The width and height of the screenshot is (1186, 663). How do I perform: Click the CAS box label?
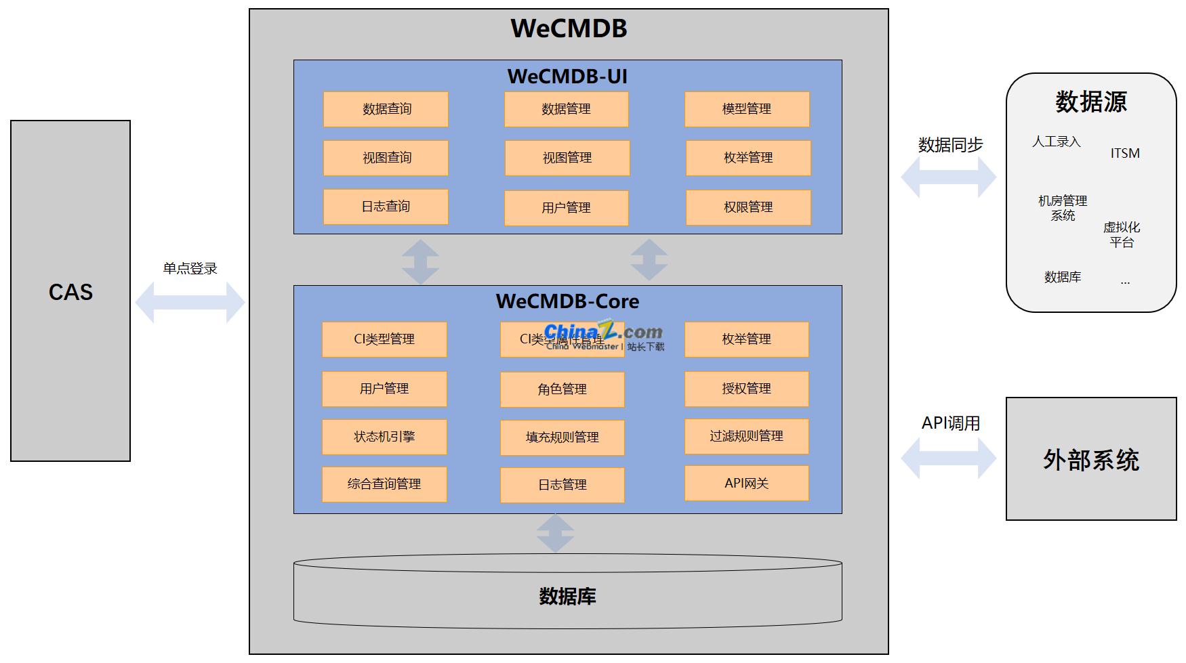click(x=70, y=292)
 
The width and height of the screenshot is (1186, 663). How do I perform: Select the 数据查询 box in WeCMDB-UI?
click(x=386, y=109)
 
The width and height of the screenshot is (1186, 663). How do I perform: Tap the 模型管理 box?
click(x=747, y=109)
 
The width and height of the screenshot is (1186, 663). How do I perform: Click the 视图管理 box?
click(x=567, y=158)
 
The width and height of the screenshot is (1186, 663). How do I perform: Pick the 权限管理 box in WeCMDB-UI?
click(x=748, y=207)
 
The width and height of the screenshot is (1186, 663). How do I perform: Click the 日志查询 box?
click(x=386, y=207)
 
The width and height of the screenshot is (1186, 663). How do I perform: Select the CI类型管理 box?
click(x=384, y=339)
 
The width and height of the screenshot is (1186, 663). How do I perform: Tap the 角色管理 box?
click(x=562, y=389)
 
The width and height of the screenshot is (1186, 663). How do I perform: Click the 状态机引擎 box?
click(x=384, y=437)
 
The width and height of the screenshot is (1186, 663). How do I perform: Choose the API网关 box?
click(x=746, y=483)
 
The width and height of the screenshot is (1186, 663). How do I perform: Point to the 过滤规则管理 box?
click(x=746, y=436)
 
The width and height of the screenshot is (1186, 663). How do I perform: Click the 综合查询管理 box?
click(x=384, y=484)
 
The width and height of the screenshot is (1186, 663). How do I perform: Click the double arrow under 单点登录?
click(x=190, y=302)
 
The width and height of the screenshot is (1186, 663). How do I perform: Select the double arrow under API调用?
click(x=949, y=458)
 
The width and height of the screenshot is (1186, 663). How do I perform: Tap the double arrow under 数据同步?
click(x=949, y=177)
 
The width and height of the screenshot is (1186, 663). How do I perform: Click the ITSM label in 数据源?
click(x=1125, y=154)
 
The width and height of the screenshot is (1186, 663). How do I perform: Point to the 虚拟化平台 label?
click(x=1122, y=234)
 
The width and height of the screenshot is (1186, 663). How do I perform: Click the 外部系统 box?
click(x=1091, y=459)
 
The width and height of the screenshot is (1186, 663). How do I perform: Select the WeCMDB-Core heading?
click(x=567, y=301)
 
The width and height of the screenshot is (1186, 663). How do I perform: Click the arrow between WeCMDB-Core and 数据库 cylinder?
click(x=556, y=534)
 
